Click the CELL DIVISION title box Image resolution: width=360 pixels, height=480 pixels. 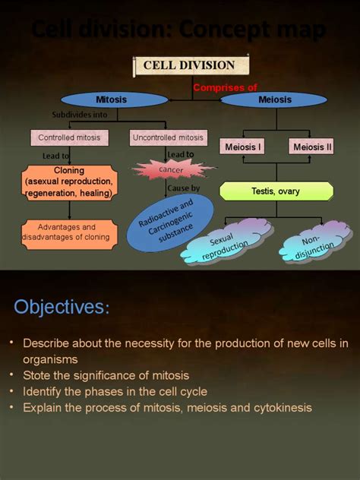[x=189, y=65]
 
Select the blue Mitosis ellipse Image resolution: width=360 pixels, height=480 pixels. [x=111, y=99]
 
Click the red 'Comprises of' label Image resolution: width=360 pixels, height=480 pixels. [x=225, y=87]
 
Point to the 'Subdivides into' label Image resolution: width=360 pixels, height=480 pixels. [x=80, y=115]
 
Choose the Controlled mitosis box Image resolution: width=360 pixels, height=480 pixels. [x=70, y=137]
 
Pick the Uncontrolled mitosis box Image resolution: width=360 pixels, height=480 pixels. [x=168, y=137]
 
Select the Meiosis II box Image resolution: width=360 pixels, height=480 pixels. [x=311, y=147]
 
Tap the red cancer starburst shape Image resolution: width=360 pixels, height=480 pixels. [x=171, y=170]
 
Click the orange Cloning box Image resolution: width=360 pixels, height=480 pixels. [x=69, y=182]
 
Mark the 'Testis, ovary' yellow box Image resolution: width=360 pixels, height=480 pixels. [x=276, y=191]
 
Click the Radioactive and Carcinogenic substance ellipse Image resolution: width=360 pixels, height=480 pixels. [x=166, y=223]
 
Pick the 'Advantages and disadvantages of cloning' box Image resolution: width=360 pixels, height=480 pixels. [x=68, y=232]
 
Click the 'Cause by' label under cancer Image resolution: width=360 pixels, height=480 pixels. [x=183, y=188]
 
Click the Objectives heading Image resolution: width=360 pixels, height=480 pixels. [x=62, y=307]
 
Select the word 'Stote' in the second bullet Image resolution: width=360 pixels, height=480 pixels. [x=38, y=375]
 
